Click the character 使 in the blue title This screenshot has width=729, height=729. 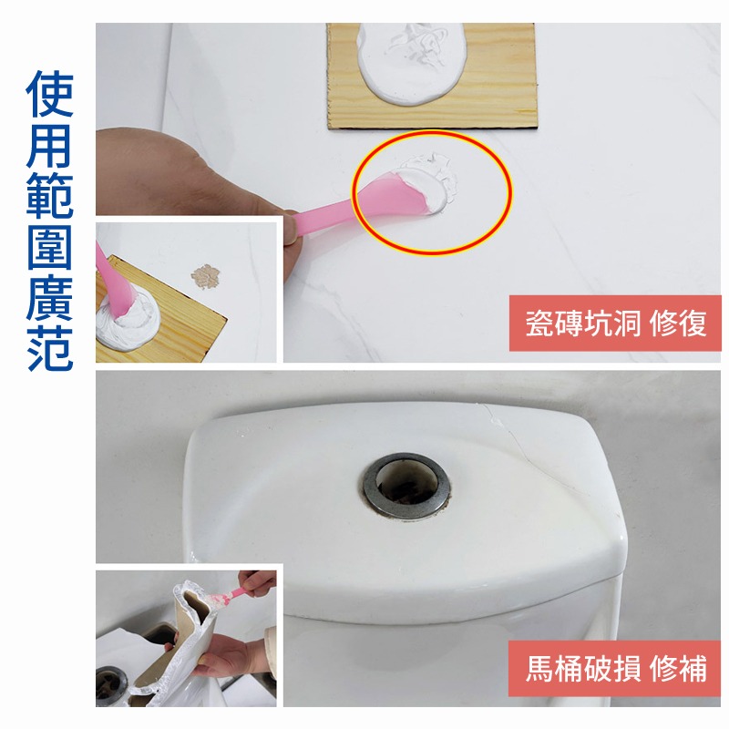(50, 93)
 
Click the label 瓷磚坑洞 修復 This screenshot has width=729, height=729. (615, 323)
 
